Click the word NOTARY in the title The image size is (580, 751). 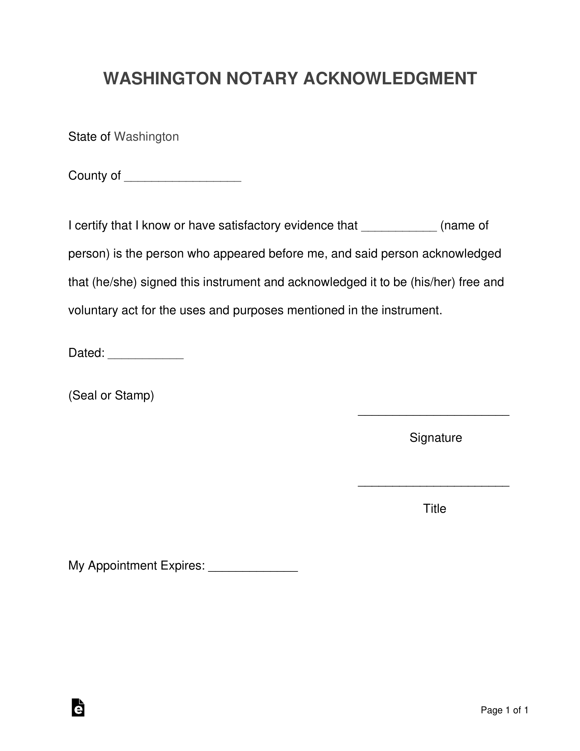(261, 79)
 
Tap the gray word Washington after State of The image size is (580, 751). (146, 137)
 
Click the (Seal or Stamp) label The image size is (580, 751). (111, 395)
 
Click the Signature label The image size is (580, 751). (435, 438)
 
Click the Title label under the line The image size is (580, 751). (434, 509)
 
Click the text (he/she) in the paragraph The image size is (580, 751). (114, 282)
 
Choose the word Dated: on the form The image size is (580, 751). (86, 353)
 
